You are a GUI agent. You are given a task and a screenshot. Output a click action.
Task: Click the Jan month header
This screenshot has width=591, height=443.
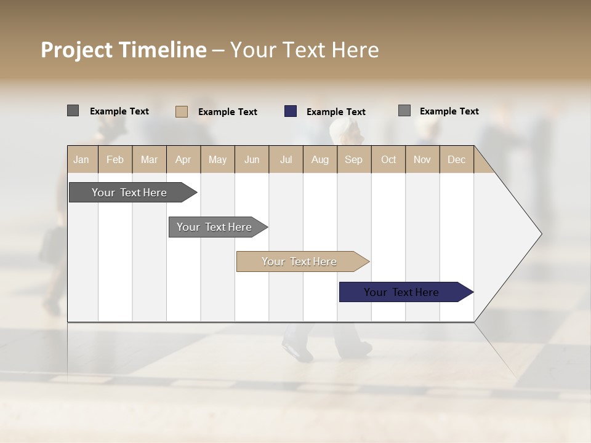(x=81, y=159)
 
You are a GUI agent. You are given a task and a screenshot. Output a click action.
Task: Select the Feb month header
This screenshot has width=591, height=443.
(x=115, y=159)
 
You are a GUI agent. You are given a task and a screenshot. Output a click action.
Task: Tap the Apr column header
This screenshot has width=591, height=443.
(x=183, y=159)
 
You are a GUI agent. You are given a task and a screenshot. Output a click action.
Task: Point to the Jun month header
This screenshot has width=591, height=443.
(x=252, y=159)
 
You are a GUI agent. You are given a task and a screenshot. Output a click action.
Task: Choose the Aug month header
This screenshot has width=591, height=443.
(x=320, y=159)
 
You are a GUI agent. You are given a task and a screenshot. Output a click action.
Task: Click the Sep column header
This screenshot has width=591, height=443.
(x=353, y=159)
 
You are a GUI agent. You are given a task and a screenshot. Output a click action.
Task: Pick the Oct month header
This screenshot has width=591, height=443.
(x=388, y=159)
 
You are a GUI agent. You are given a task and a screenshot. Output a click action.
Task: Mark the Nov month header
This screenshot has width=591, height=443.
(x=422, y=159)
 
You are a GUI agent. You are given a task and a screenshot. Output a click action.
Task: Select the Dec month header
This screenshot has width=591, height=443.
(x=456, y=159)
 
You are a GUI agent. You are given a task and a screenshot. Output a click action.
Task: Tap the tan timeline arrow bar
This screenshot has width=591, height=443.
(x=300, y=261)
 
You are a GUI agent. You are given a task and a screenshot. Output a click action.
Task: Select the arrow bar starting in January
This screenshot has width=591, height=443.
(x=130, y=193)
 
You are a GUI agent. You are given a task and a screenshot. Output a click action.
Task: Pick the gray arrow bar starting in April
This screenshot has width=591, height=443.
(x=215, y=227)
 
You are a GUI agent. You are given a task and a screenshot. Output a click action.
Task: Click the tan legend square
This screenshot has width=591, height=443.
(x=182, y=111)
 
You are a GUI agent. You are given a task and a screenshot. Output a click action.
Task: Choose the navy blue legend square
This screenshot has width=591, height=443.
(x=291, y=111)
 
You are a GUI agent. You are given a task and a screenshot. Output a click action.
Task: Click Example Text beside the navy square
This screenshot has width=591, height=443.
(x=336, y=112)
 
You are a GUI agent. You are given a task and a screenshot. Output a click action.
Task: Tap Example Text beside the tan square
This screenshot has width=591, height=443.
(x=227, y=112)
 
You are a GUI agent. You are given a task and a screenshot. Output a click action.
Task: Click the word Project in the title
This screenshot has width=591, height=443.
(x=77, y=50)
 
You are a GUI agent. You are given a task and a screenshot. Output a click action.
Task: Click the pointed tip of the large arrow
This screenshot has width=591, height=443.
(x=540, y=234)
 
